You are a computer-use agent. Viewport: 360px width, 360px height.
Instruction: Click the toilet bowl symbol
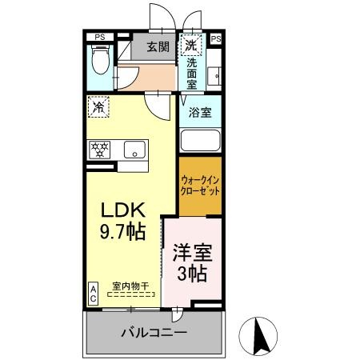(100, 59)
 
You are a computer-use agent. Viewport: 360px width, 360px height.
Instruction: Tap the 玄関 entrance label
(158, 47)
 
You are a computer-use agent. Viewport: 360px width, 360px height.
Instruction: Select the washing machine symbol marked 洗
(191, 45)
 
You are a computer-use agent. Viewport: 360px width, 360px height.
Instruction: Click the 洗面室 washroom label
(191, 74)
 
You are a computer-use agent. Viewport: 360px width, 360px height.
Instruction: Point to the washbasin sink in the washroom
(214, 76)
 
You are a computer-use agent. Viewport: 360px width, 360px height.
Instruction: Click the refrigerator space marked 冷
(98, 106)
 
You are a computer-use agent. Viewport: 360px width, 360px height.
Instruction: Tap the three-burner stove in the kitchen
(100, 150)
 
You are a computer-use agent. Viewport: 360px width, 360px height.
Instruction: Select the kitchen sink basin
(134, 150)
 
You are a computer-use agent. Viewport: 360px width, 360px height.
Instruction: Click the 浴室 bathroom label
(200, 112)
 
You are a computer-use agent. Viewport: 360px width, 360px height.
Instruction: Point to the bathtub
(200, 141)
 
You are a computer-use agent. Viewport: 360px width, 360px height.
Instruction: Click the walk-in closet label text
(200, 186)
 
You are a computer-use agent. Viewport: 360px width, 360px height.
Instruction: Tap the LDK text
(123, 210)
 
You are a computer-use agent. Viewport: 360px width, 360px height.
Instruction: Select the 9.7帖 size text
(122, 231)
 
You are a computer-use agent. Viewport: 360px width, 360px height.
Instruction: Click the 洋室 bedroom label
(192, 253)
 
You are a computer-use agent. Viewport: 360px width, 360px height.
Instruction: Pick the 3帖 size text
(192, 274)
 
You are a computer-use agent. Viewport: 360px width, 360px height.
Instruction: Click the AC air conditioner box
(93, 294)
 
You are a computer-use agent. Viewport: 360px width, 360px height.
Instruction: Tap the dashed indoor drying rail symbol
(131, 294)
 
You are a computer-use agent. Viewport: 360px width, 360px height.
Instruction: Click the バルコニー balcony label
(154, 333)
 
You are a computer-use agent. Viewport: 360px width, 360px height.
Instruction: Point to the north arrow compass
(258, 336)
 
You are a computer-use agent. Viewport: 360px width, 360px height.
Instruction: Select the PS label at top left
(100, 38)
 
